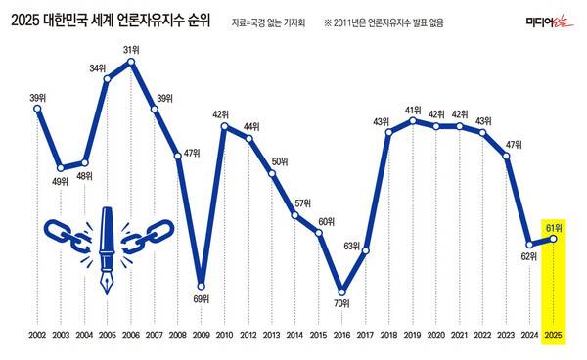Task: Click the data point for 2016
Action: [341, 291]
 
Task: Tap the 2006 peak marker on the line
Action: [131, 63]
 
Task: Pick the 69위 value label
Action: [202, 297]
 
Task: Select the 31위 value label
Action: [131, 49]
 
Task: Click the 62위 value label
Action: [528, 256]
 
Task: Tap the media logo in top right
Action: [547, 19]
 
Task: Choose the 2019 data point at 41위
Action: [412, 120]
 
